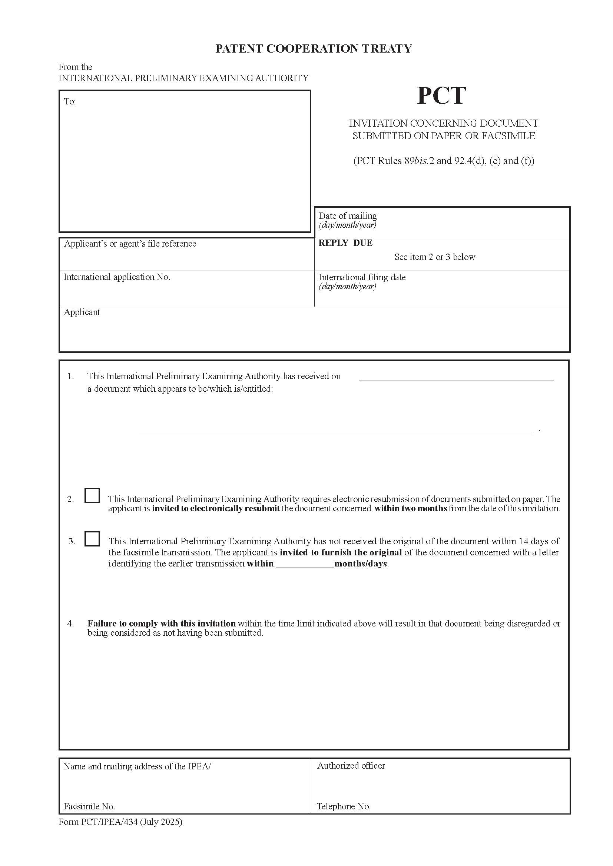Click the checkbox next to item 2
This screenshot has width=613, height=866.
92,495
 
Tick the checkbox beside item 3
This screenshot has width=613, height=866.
92,539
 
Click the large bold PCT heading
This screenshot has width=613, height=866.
441,96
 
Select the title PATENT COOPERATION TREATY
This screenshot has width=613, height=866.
313,49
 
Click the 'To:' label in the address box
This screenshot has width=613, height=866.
70,101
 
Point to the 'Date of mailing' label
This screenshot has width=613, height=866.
347,216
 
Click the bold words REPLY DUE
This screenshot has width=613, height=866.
345,243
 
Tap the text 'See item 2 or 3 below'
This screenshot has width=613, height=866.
434,257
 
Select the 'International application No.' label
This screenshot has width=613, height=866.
117,277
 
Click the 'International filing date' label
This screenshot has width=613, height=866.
362,277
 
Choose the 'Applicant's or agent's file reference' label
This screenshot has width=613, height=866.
130,244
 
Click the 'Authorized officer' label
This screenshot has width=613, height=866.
351,765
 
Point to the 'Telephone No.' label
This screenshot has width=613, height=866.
343,806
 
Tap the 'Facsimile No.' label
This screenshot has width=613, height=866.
89,806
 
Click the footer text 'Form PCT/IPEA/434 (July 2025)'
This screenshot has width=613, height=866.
120,822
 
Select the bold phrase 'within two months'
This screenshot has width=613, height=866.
410,508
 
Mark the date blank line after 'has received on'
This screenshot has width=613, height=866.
456,379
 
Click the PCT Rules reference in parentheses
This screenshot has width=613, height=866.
444,161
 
